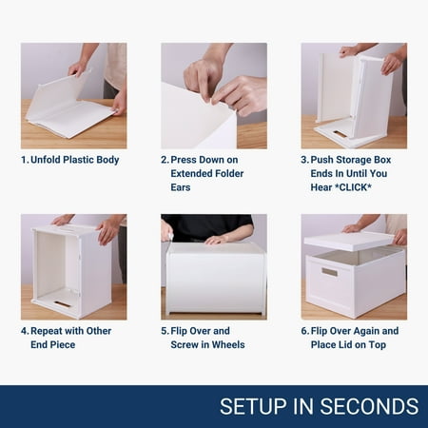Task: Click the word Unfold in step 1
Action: pos(46,160)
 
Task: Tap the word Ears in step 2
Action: pos(181,187)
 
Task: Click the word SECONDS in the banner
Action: pos(369,406)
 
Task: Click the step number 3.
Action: pos(304,160)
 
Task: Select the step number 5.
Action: pos(165,331)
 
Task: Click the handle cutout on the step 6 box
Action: pos(330,272)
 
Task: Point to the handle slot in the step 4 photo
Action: pos(62,304)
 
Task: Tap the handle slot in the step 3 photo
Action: pos(340,133)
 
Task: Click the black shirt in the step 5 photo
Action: pos(207,226)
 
